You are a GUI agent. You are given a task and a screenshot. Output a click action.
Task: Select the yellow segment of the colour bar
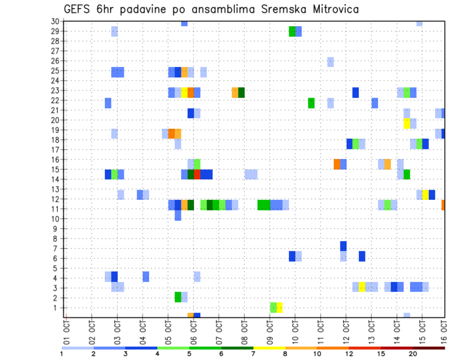coord(269,348)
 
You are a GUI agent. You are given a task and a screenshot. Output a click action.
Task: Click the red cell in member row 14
coord(197,174)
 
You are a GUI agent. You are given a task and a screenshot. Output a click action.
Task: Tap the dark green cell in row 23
coord(241,92)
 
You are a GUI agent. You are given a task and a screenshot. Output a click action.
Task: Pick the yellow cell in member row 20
coord(407,124)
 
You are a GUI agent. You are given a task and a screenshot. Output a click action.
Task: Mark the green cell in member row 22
coord(311,103)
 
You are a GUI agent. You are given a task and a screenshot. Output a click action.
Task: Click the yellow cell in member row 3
coord(362,287)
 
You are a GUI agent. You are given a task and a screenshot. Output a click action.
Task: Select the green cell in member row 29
coord(292,31)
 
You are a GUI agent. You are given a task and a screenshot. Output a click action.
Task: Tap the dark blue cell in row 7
coord(343,246)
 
